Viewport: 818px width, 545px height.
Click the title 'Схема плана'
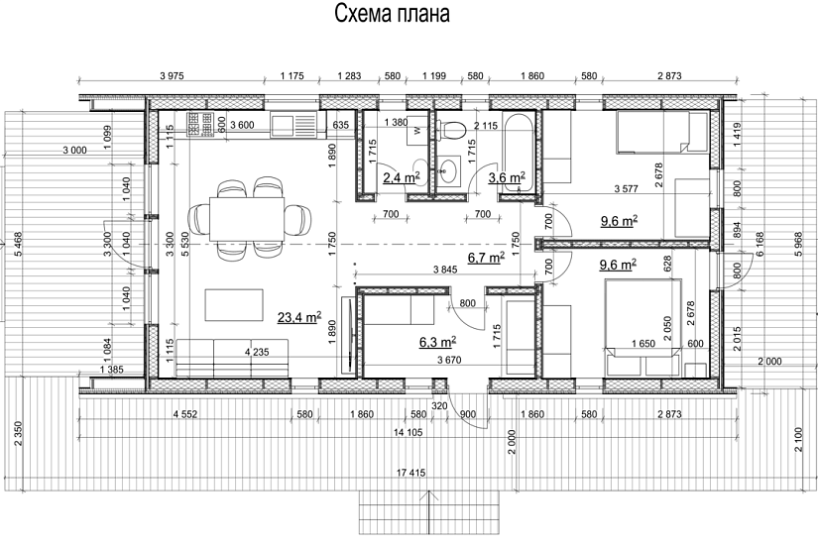(x=392, y=15)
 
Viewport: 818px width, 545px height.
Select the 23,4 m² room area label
(x=297, y=317)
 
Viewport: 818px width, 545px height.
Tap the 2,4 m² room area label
(x=401, y=178)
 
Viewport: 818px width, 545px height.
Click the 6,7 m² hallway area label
(x=486, y=258)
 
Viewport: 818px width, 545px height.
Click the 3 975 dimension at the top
(x=175, y=76)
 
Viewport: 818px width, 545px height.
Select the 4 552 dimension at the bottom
(x=188, y=412)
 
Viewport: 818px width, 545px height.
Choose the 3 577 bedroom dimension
(x=626, y=187)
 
